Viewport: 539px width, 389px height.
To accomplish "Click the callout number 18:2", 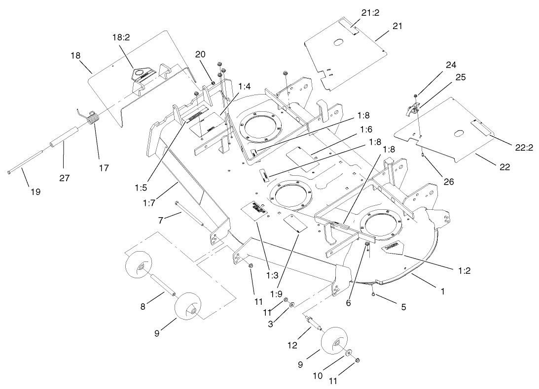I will [x=121, y=37].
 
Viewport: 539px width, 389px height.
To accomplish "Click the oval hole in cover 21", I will [x=339, y=43].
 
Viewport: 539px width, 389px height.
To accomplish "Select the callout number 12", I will [x=293, y=345].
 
